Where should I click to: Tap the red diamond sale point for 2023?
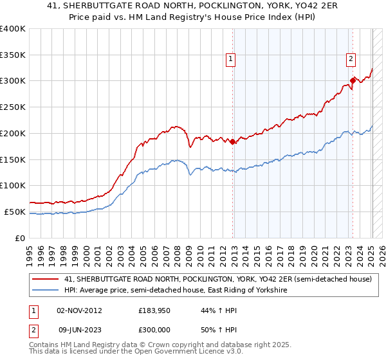pyautogui.click(x=353, y=81)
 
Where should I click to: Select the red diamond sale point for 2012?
pyautogui.click(x=232, y=142)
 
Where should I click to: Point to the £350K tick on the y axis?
pyautogui.click(x=13, y=55)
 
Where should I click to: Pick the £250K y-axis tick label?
pyautogui.click(x=13, y=107)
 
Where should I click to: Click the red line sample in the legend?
pyautogui.click(x=45, y=280)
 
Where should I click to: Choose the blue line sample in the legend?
pyautogui.click(x=45, y=291)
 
